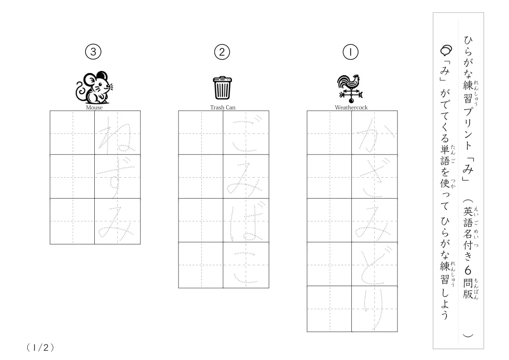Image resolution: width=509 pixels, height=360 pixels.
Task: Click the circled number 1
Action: coord(350,52)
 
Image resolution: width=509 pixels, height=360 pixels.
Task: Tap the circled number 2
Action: coord(222,52)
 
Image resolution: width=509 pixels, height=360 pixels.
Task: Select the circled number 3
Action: coord(93,52)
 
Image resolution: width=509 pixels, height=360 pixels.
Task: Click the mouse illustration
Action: coord(94,87)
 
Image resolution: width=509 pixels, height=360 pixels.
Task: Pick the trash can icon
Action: coord(223,88)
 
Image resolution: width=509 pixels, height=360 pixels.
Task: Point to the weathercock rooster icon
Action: coord(350,88)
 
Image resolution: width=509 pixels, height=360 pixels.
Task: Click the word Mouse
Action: coord(94,107)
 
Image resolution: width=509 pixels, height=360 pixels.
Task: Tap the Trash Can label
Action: coord(223,107)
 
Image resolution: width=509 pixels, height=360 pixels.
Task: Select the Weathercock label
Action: coord(351,107)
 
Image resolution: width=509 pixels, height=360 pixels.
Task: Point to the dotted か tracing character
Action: coord(375,135)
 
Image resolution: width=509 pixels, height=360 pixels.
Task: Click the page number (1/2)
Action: coord(40,348)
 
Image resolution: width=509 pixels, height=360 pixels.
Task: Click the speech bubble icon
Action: coord(446,50)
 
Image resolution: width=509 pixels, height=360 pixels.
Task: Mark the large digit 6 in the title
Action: coord(468,270)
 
